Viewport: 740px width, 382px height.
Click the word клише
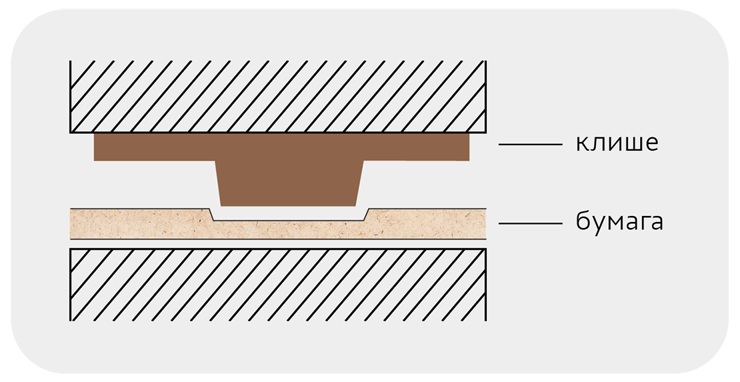coord(617,143)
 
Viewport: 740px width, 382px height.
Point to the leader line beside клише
coord(531,144)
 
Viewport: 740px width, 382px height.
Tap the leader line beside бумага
coord(531,223)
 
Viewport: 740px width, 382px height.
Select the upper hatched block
coord(278,96)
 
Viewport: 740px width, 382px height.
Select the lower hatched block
coord(278,285)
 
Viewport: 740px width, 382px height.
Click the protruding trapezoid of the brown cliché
coord(289,183)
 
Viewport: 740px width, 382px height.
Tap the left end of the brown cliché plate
coord(95,147)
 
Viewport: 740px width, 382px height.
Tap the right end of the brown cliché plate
coord(469,147)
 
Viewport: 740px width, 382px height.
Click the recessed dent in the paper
coord(289,215)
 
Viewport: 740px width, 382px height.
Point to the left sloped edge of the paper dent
coord(211,215)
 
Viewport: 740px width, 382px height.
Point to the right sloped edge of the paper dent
coord(367,215)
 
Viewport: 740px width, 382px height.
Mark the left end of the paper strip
coord(71,223)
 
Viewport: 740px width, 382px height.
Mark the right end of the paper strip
coord(485,223)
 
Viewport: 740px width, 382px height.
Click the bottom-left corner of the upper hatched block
coord(70,133)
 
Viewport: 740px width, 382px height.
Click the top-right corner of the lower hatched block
coord(486,249)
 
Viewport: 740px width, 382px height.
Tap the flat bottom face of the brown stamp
coord(289,205)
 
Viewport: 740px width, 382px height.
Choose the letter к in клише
coord(582,144)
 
